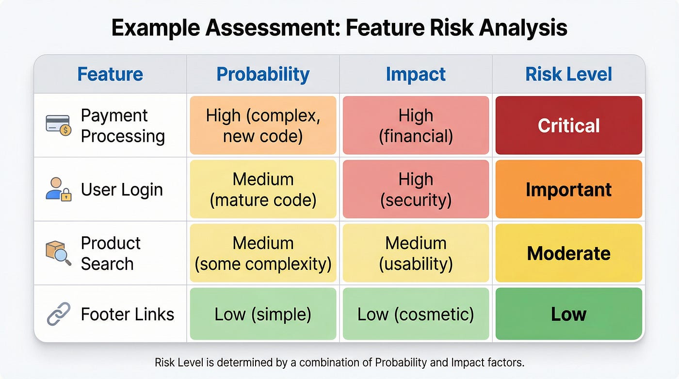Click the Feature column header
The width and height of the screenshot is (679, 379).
coord(110,74)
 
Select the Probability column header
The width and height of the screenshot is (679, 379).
coord(263,75)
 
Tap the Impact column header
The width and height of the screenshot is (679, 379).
coord(416,75)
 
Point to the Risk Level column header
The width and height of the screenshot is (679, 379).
coord(568,74)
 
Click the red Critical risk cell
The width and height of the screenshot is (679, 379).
coord(568,125)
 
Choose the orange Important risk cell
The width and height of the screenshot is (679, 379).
coord(568,189)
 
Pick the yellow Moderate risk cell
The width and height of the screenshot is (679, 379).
coord(568,253)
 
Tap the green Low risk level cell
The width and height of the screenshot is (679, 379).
coord(568,314)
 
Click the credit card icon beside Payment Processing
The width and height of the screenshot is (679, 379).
coord(59,125)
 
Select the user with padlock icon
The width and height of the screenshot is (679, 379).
coord(59,189)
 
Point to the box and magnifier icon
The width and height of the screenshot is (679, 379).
coord(59,253)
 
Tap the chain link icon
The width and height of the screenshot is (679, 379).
coord(59,314)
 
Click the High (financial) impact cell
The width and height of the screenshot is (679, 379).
coord(416,125)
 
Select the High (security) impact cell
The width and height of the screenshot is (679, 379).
coord(416,189)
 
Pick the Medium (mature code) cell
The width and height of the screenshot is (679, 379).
coord(263,189)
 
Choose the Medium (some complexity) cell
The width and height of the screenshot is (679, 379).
coord(263,253)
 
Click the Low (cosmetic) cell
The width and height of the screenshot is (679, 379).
coord(416,314)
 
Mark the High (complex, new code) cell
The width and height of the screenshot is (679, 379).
coord(263,125)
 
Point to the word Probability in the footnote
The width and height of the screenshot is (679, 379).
coord(401,363)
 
